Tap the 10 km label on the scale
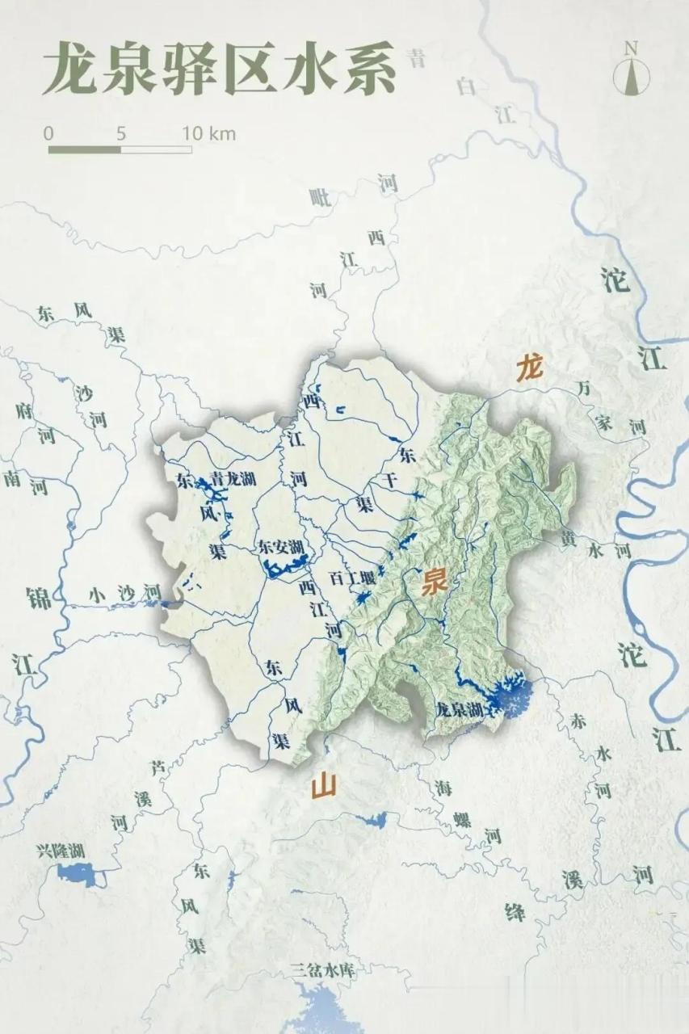coord(208,133)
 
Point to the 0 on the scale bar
coord(49,133)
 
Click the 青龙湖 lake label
coord(233,478)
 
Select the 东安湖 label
coord(280,547)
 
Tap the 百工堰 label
coord(352,578)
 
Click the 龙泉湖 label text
coord(458,710)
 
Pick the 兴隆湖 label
coord(61,851)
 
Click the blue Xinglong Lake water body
coord(81,873)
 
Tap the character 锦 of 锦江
coord(38,599)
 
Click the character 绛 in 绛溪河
coord(515,912)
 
